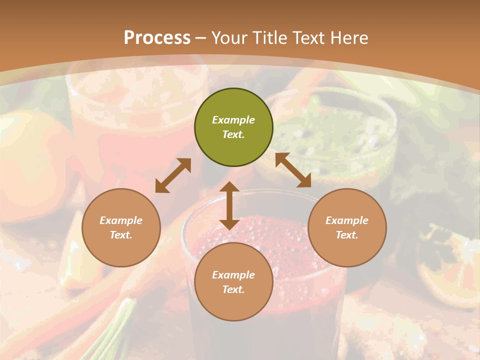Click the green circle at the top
pyautogui.click(x=233, y=127)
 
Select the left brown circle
pyautogui.click(x=121, y=227)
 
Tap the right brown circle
pyautogui.click(x=347, y=227)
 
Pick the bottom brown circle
pyautogui.click(x=233, y=282)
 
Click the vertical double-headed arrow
pyautogui.click(x=229, y=205)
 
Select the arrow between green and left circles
pyautogui.click(x=173, y=175)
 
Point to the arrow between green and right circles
pyautogui.click(x=293, y=170)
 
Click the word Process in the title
pyautogui.click(x=157, y=38)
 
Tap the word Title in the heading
pyautogui.click(x=270, y=38)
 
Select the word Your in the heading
pyautogui.click(x=230, y=38)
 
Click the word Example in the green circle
pyautogui.click(x=233, y=120)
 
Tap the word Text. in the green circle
pyautogui.click(x=233, y=134)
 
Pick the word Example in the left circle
pyautogui.click(x=121, y=220)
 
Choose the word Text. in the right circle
pyautogui.click(x=347, y=235)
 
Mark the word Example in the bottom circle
pyautogui.click(x=233, y=275)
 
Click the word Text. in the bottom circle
pyautogui.click(x=233, y=289)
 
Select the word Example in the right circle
pyautogui.click(x=347, y=220)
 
